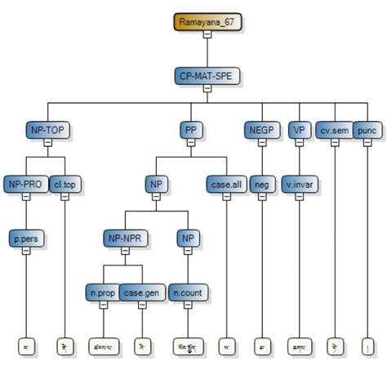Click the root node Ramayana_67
point(207,22)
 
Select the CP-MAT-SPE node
point(207,76)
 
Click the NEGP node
point(262,129)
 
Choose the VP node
point(300,129)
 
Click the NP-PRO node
point(25,184)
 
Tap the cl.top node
point(65,184)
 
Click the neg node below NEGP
point(262,184)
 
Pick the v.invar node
point(300,184)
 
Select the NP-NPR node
point(124,238)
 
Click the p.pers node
point(25,238)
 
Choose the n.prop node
point(103,291)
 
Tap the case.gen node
point(143,291)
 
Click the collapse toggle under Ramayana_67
point(207,35)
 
